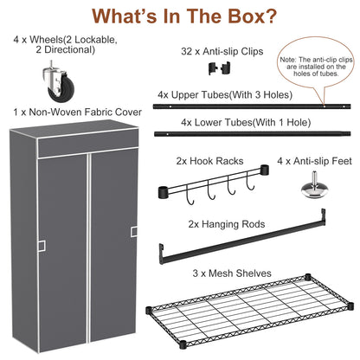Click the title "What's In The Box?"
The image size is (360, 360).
pos(179,17)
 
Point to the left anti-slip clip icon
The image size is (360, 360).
pos(206,70)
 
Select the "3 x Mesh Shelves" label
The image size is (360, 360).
pos(233,273)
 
